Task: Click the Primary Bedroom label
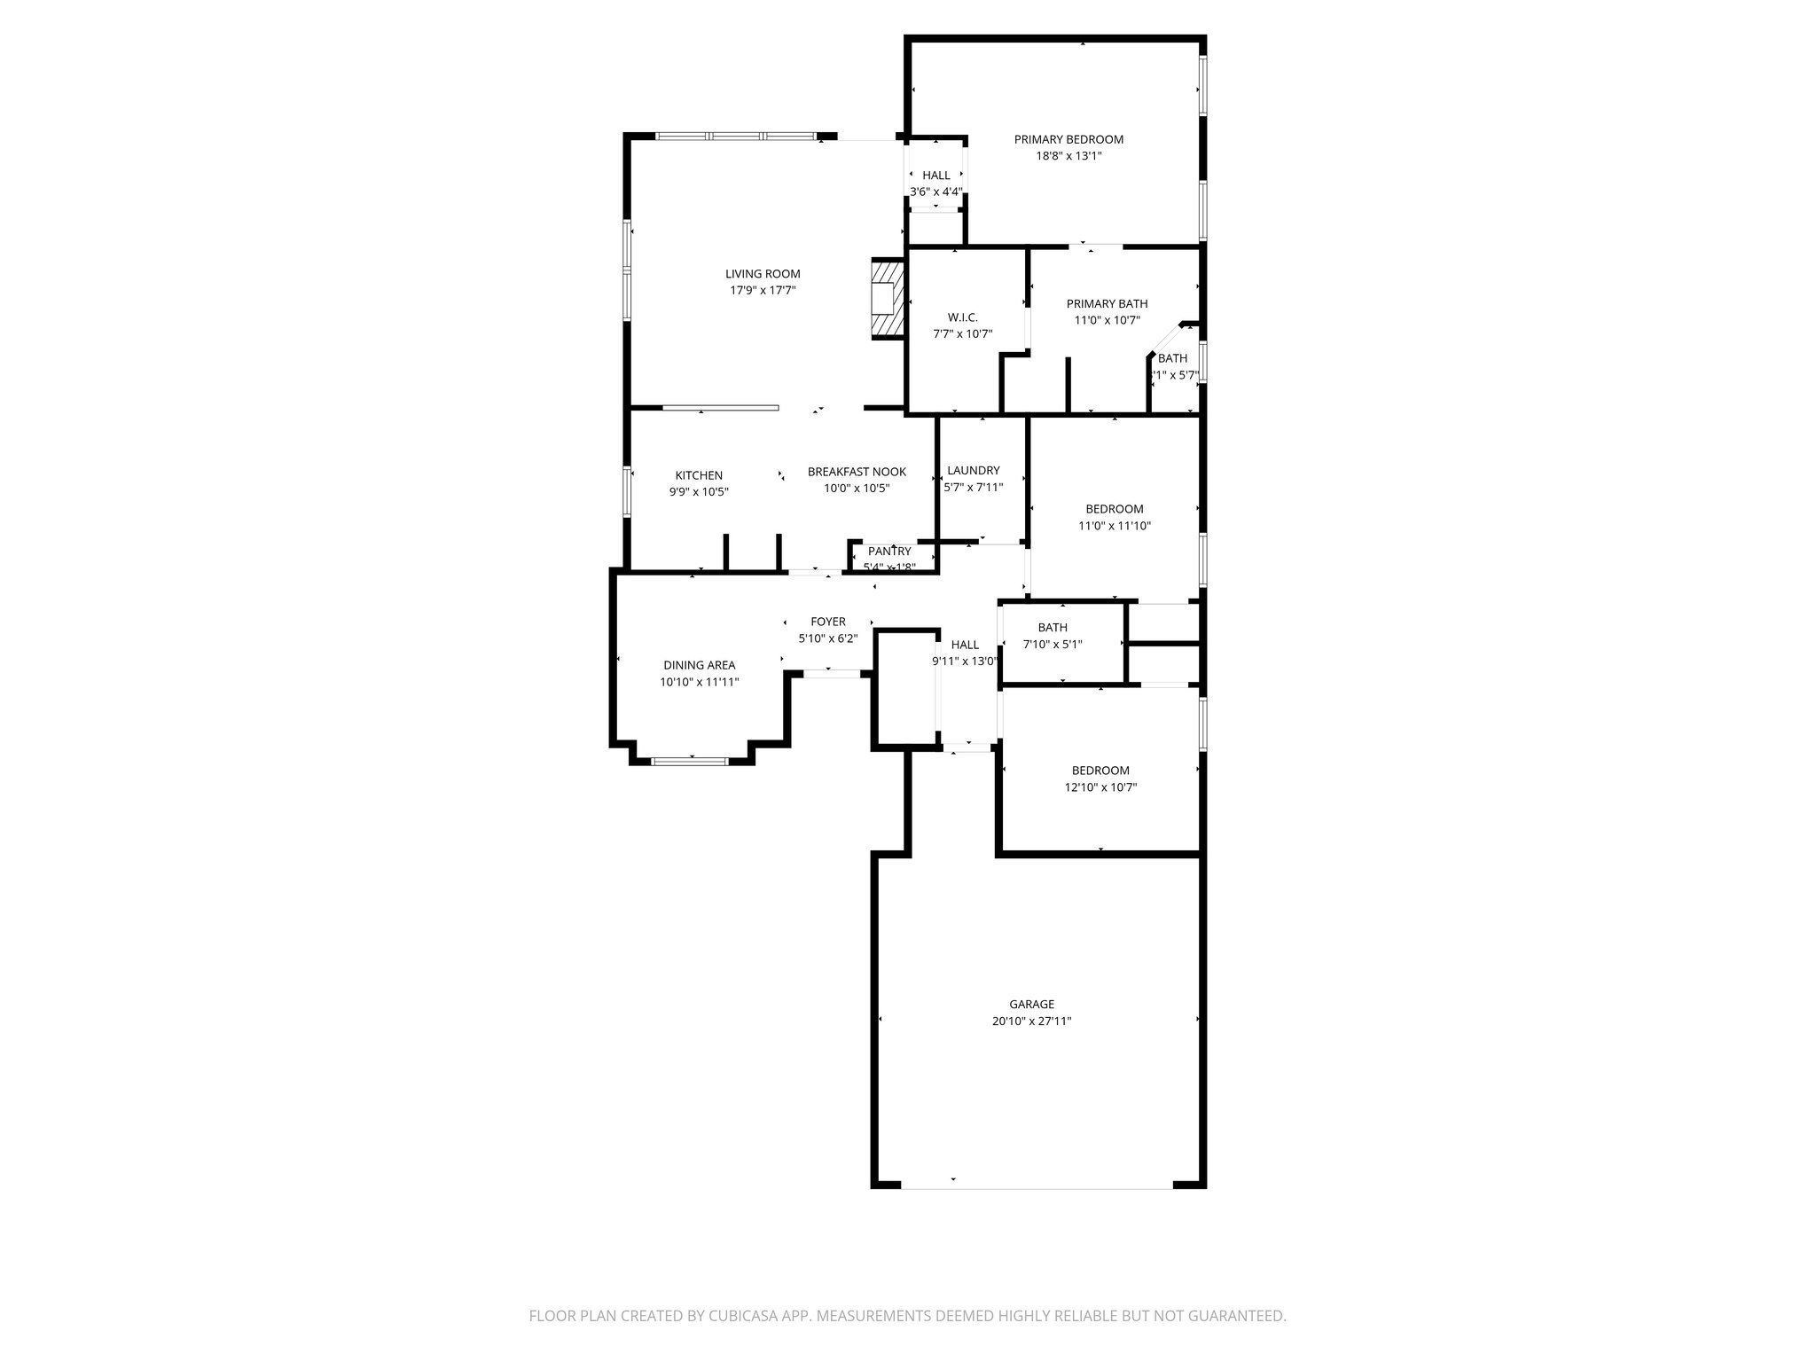pyautogui.click(x=1068, y=139)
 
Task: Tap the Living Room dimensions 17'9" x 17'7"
pyautogui.click(x=763, y=290)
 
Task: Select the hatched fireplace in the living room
pyautogui.click(x=887, y=298)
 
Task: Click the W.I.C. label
pyautogui.click(x=962, y=317)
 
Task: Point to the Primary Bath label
pyautogui.click(x=1107, y=303)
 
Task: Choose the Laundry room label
pyautogui.click(x=973, y=471)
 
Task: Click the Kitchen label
pyautogui.click(x=699, y=475)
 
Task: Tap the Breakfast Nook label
pyautogui.click(x=857, y=472)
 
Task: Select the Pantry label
pyautogui.click(x=889, y=552)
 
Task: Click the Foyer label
pyautogui.click(x=828, y=622)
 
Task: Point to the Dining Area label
pyautogui.click(x=699, y=665)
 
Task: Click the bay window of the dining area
pyautogui.click(x=690, y=760)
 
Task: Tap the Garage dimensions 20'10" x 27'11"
pyautogui.click(x=1032, y=1021)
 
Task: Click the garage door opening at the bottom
pyautogui.click(x=1037, y=1186)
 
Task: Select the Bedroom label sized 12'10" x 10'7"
pyautogui.click(x=1100, y=771)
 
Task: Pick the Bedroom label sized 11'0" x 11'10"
pyautogui.click(x=1115, y=509)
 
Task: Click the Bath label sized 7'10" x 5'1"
pyautogui.click(x=1053, y=628)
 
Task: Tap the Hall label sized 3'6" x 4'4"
pyautogui.click(x=935, y=176)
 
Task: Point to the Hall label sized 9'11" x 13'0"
pyautogui.click(x=965, y=645)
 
